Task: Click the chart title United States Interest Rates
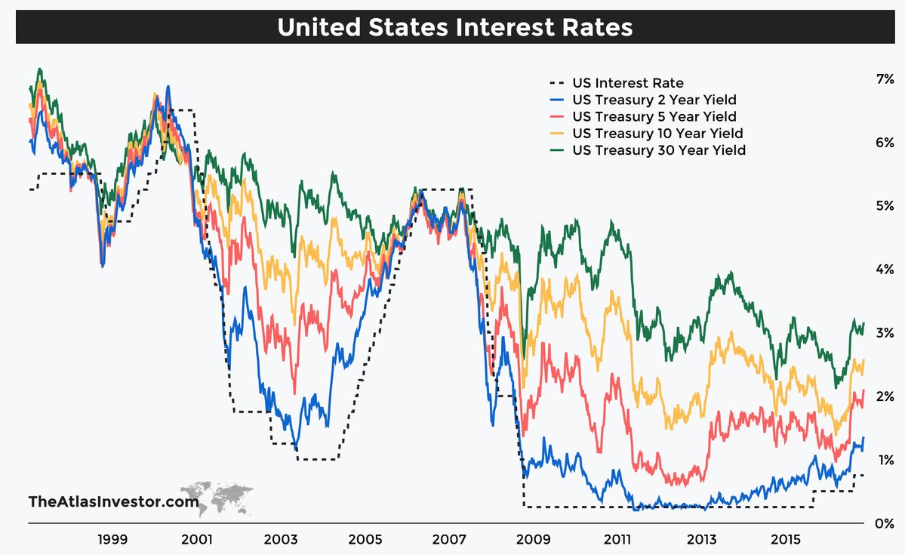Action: point(454,27)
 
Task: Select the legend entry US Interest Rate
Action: point(628,83)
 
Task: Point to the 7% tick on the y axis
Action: point(883,79)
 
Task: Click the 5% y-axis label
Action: point(883,205)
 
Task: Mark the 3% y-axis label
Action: point(883,332)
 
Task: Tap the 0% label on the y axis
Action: point(883,523)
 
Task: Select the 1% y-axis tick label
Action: point(883,459)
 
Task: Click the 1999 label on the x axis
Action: point(112,540)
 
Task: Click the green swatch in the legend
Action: point(558,150)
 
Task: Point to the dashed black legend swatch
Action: point(558,83)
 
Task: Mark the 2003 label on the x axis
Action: point(281,540)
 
